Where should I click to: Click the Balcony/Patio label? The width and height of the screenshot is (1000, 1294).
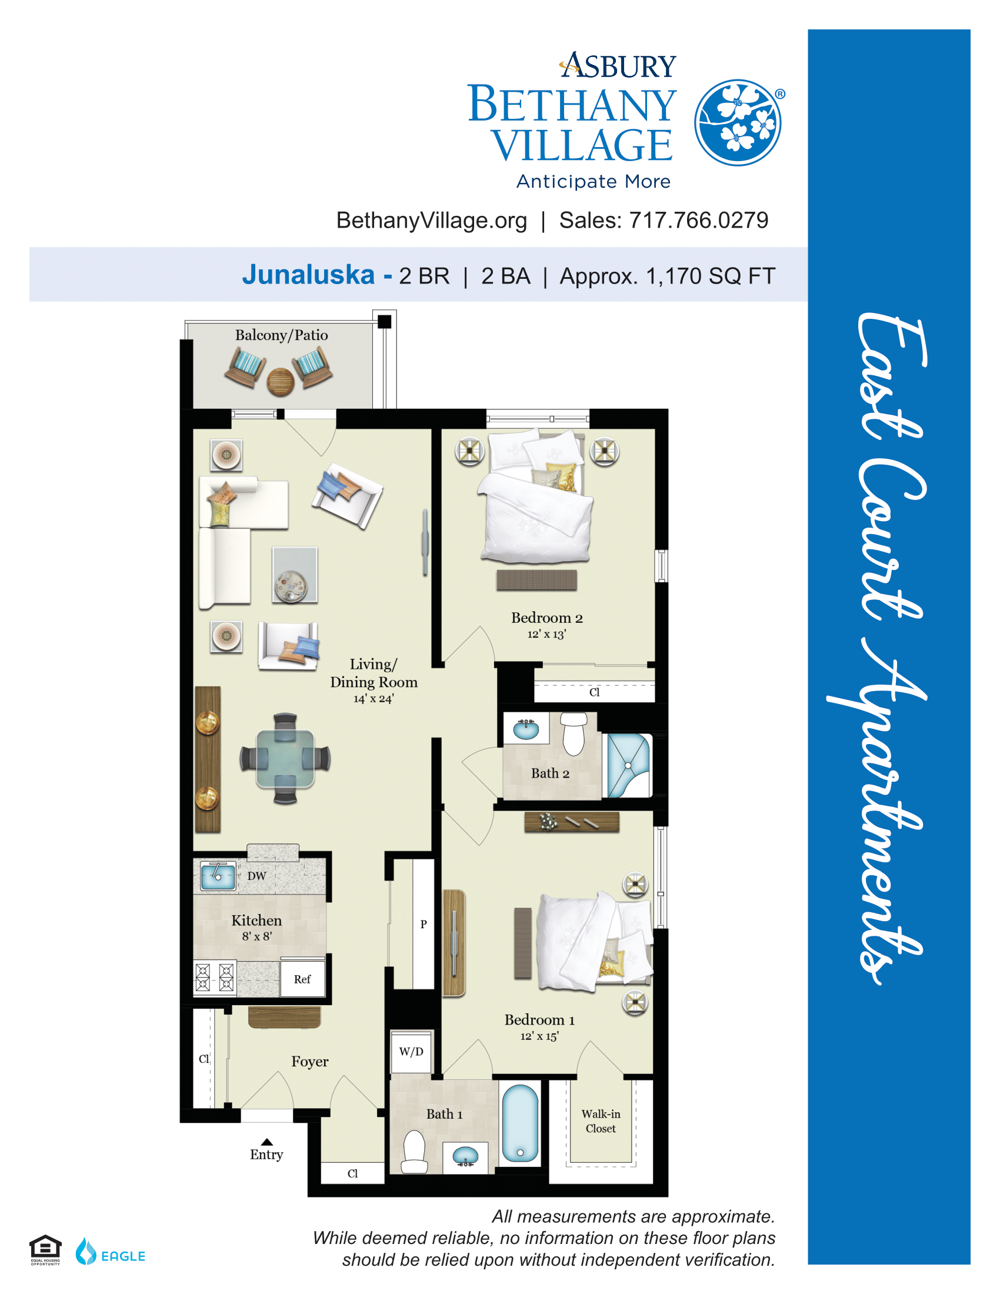click(281, 335)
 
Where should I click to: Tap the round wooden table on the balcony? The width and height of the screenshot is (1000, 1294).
click(280, 382)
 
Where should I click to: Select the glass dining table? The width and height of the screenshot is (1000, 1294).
click(285, 759)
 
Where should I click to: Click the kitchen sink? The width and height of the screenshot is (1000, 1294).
click(218, 876)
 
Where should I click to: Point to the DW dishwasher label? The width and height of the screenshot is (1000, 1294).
click(256, 876)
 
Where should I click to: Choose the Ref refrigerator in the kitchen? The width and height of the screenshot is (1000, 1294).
click(302, 979)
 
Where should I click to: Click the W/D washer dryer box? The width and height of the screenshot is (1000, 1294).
click(411, 1052)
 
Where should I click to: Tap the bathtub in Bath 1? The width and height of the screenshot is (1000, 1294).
click(520, 1123)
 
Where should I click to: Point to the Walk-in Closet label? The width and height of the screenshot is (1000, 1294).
click(601, 1122)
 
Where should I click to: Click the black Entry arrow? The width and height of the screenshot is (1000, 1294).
click(267, 1142)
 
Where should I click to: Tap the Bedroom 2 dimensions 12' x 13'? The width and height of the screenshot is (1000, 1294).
click(546, 634)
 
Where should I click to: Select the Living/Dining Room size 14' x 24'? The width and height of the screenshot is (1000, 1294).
click(373, 699)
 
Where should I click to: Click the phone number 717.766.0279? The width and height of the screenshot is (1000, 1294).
click(698, 221)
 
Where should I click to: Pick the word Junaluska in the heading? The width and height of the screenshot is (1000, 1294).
click(308, 275)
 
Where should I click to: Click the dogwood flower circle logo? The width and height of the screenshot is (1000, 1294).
click(738, 123)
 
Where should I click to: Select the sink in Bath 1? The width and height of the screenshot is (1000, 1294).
click(465, 1156)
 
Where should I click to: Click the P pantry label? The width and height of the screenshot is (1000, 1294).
click(424, 923)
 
